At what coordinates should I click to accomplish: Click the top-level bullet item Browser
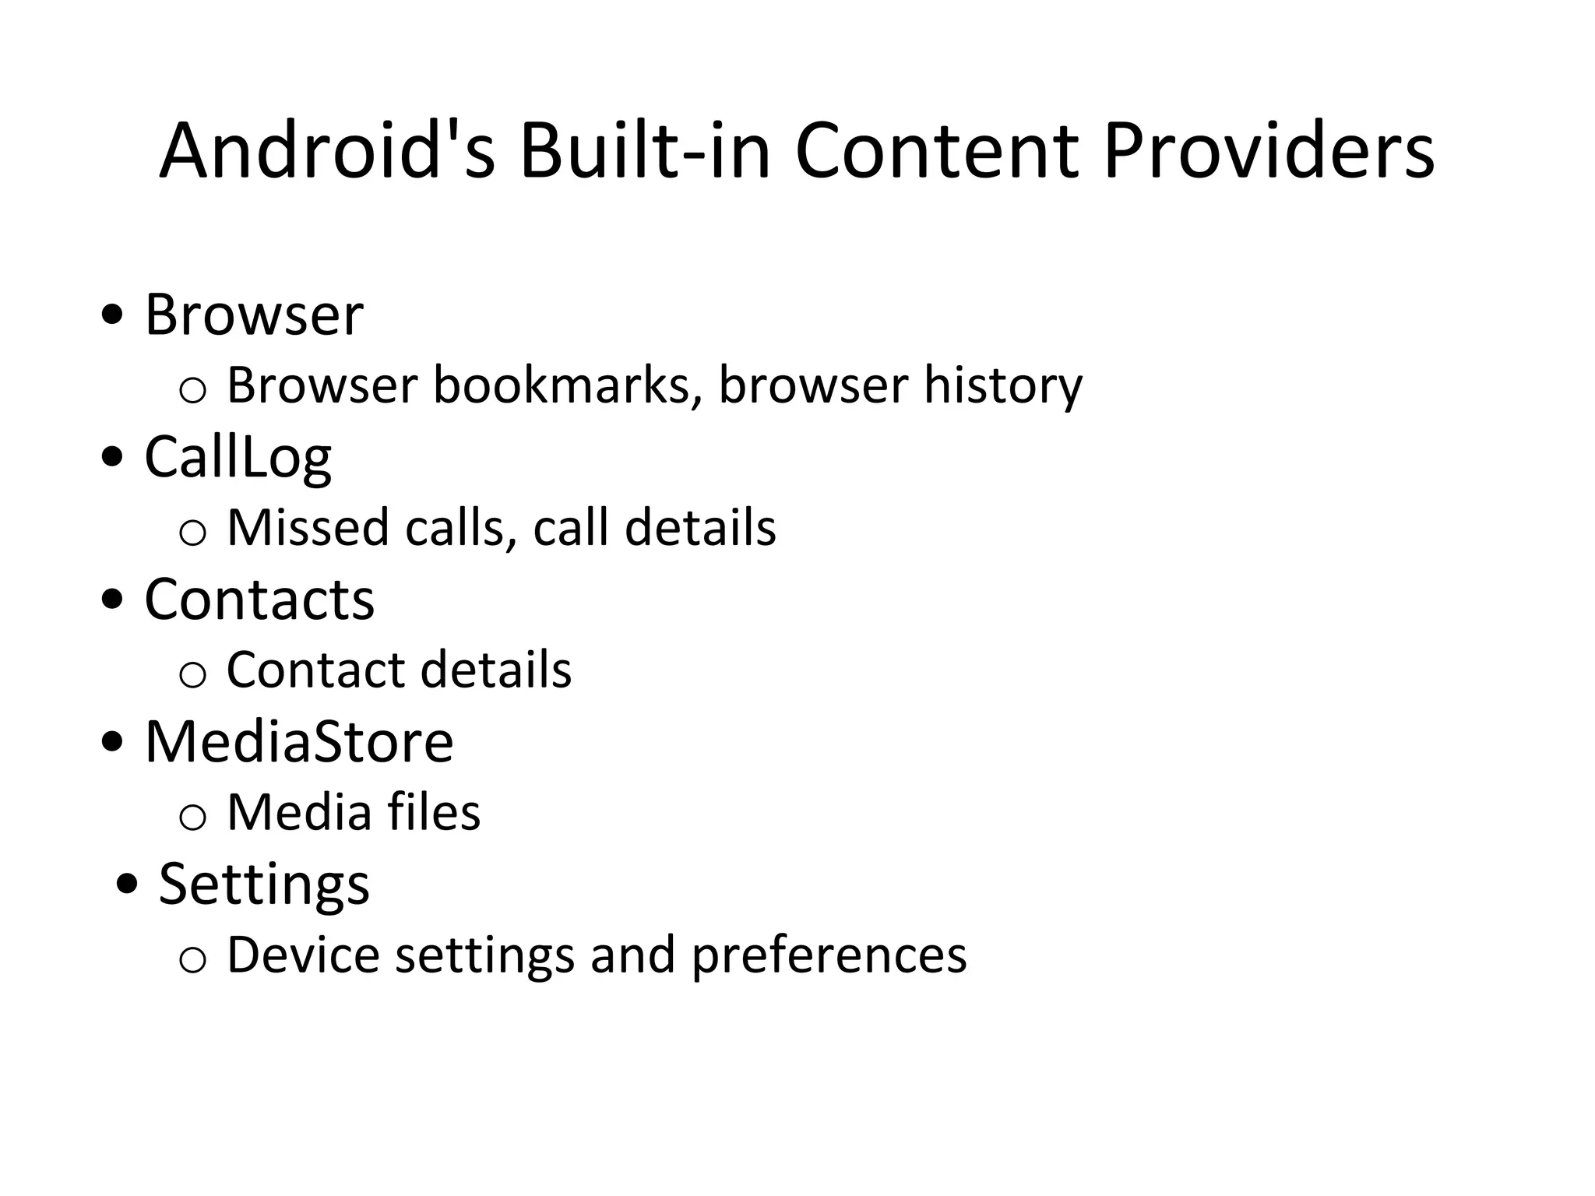coord(254,315)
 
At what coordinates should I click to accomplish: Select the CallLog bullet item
coord(238,458)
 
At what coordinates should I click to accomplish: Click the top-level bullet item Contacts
coord(259,600)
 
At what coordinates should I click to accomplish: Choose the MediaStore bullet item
coord(299,741)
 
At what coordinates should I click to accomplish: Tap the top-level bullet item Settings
coord(264,885)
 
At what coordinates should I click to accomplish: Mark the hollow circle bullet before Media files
coord(192,817)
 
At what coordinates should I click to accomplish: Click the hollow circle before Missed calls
coord(192,533)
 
